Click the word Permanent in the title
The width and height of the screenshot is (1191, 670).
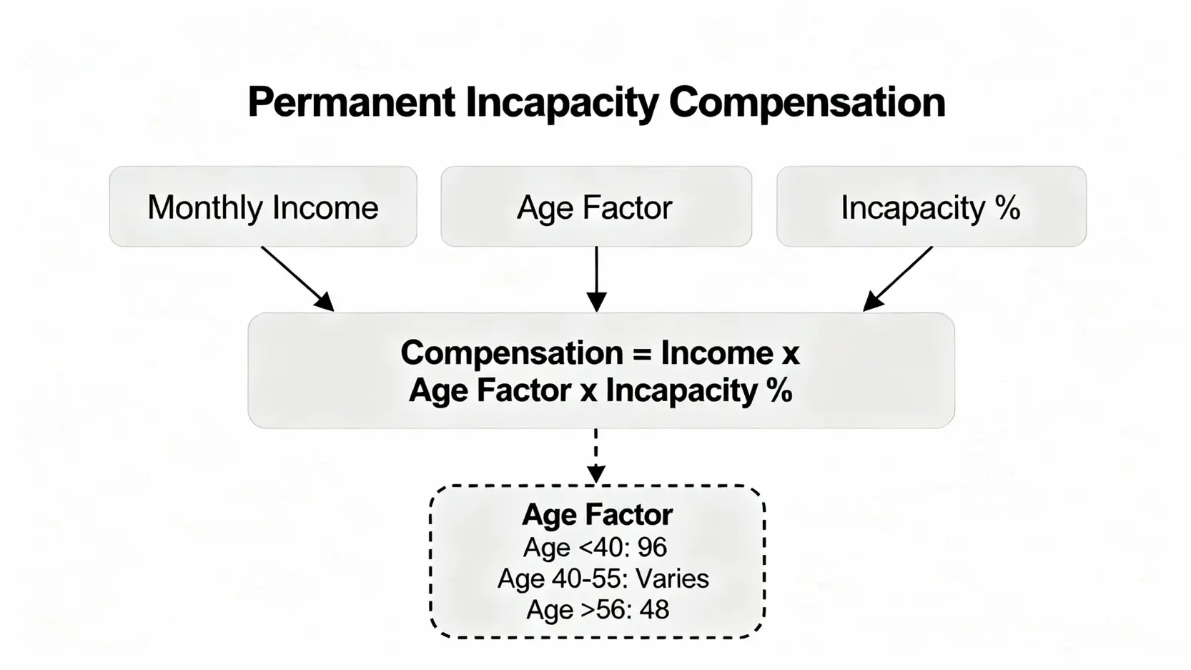pos(352,102)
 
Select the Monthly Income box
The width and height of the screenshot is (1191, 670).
pos(263,207)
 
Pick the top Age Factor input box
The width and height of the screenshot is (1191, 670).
pos(596,207)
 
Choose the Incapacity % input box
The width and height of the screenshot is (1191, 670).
pos(931,207)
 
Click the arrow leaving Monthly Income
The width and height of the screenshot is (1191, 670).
pos(297,279)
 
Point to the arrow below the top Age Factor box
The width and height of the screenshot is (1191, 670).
pos(596,279)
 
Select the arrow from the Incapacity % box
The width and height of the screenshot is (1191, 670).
pos(897,279)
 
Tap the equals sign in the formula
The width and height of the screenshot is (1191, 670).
pos(642,354)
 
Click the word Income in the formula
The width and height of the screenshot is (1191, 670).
pos(717,353)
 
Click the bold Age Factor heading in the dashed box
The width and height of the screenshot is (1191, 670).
pos(598,514)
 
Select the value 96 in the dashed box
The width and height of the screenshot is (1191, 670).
pos(652,547)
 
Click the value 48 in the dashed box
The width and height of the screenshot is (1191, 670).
pos(654,609)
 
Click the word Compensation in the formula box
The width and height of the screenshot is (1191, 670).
pos(512,354)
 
